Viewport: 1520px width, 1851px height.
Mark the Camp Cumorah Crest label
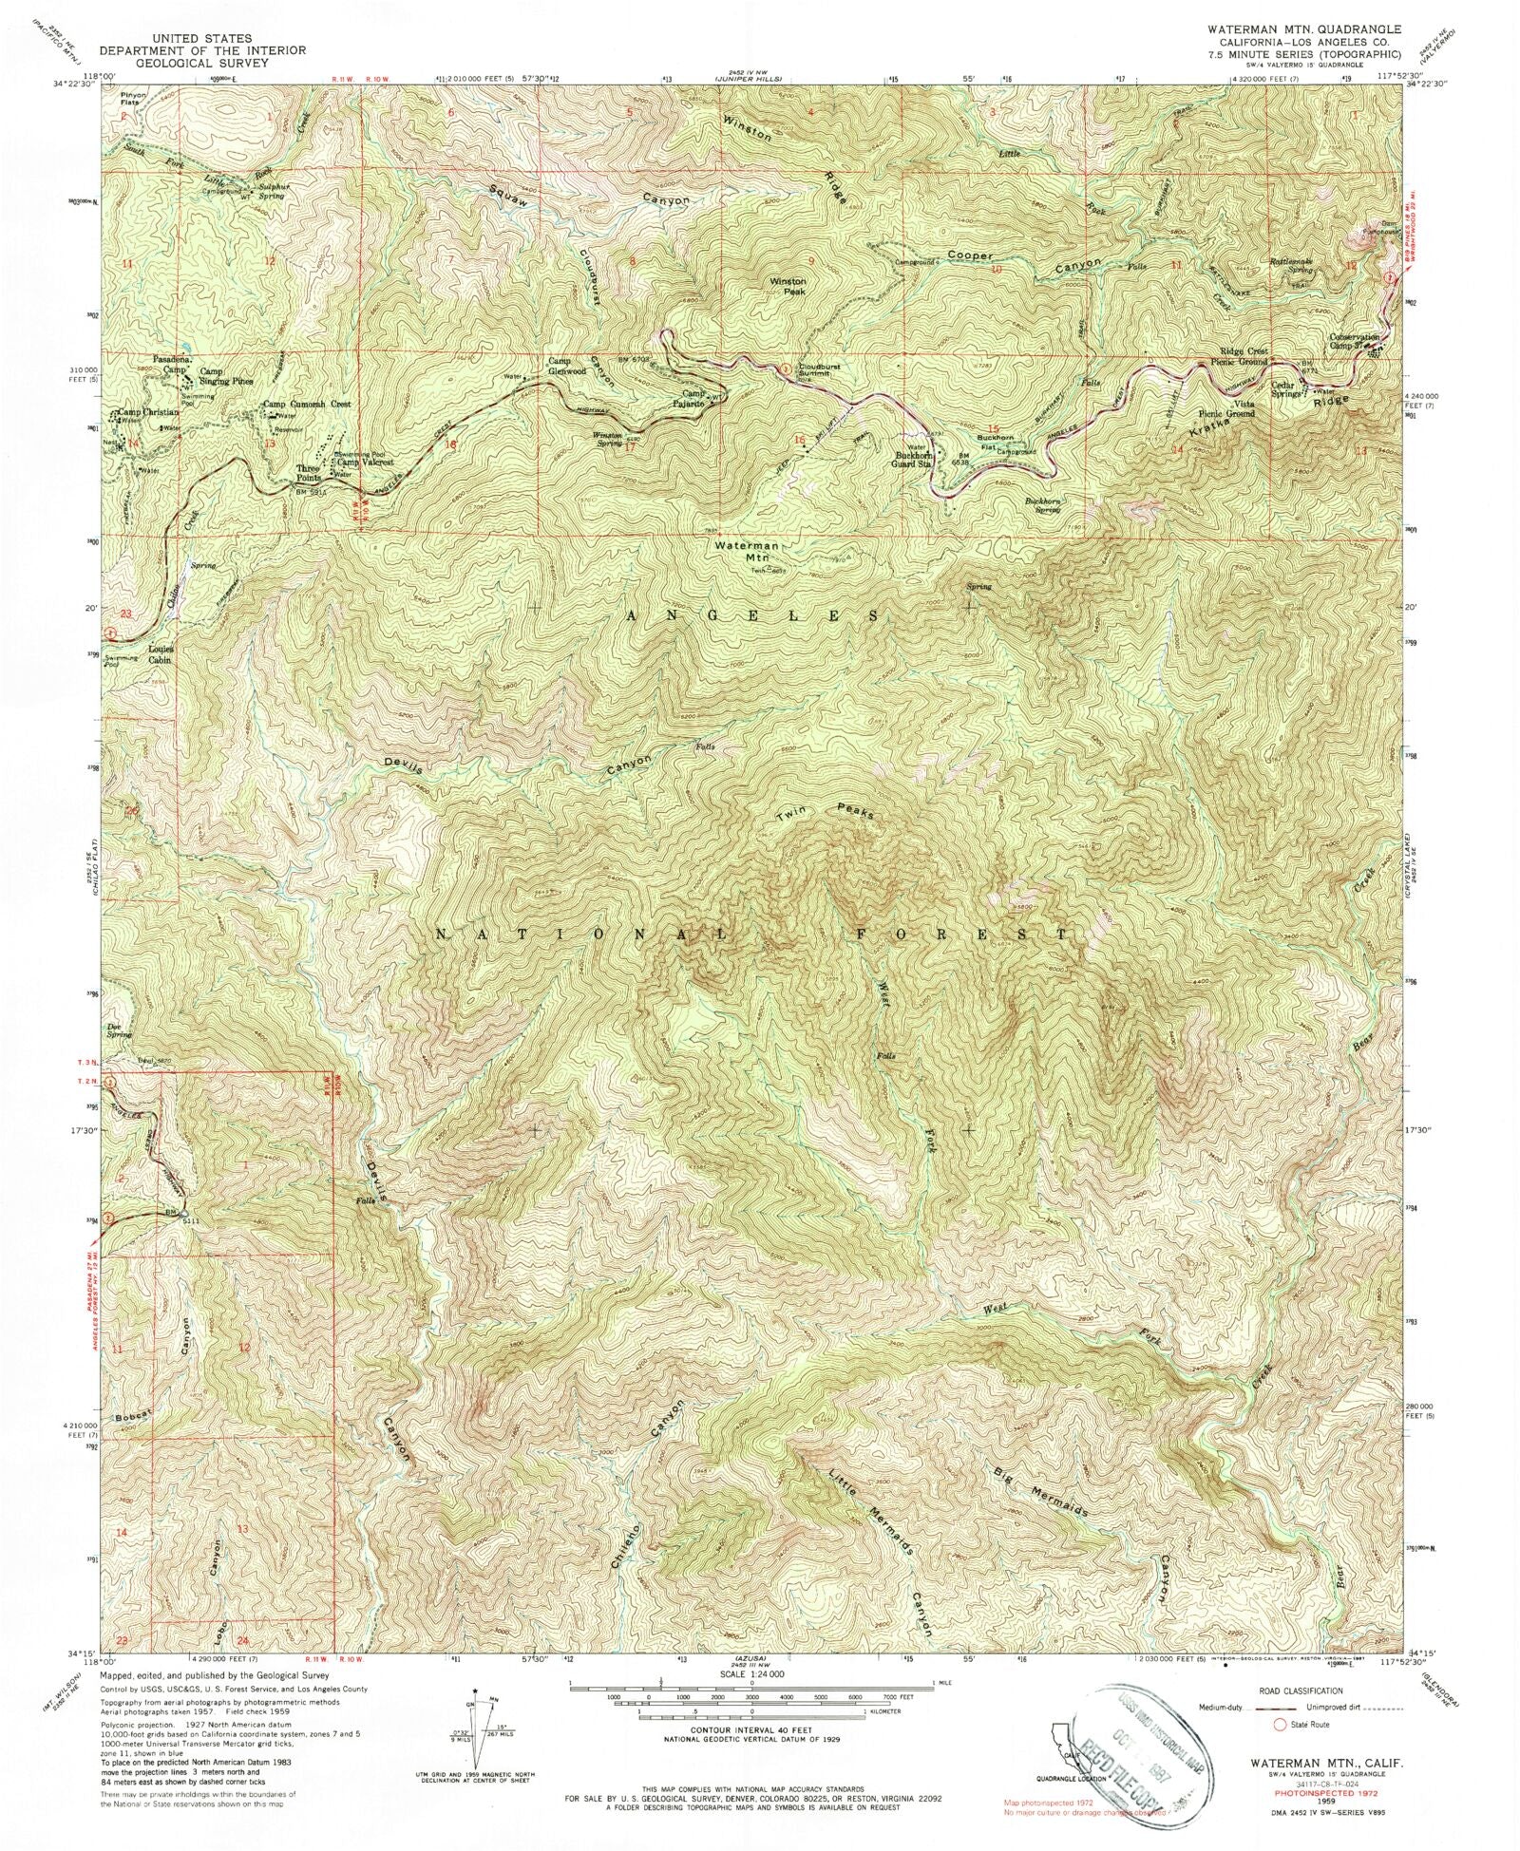[x=306, y=404]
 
